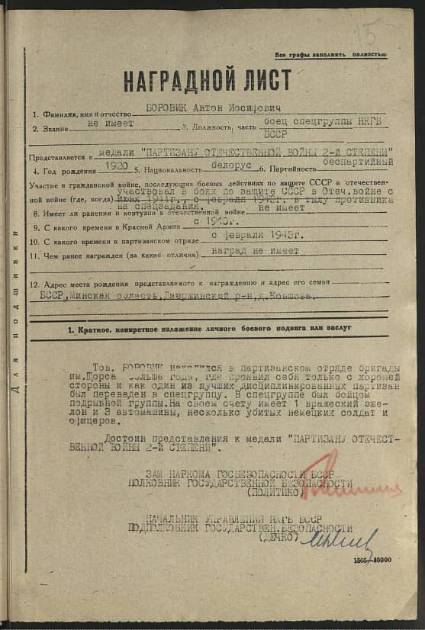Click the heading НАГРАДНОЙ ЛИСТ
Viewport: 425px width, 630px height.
207,79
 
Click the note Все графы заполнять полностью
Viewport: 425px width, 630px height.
331,55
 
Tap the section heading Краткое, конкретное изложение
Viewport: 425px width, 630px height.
209,329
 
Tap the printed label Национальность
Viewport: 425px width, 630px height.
171,169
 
